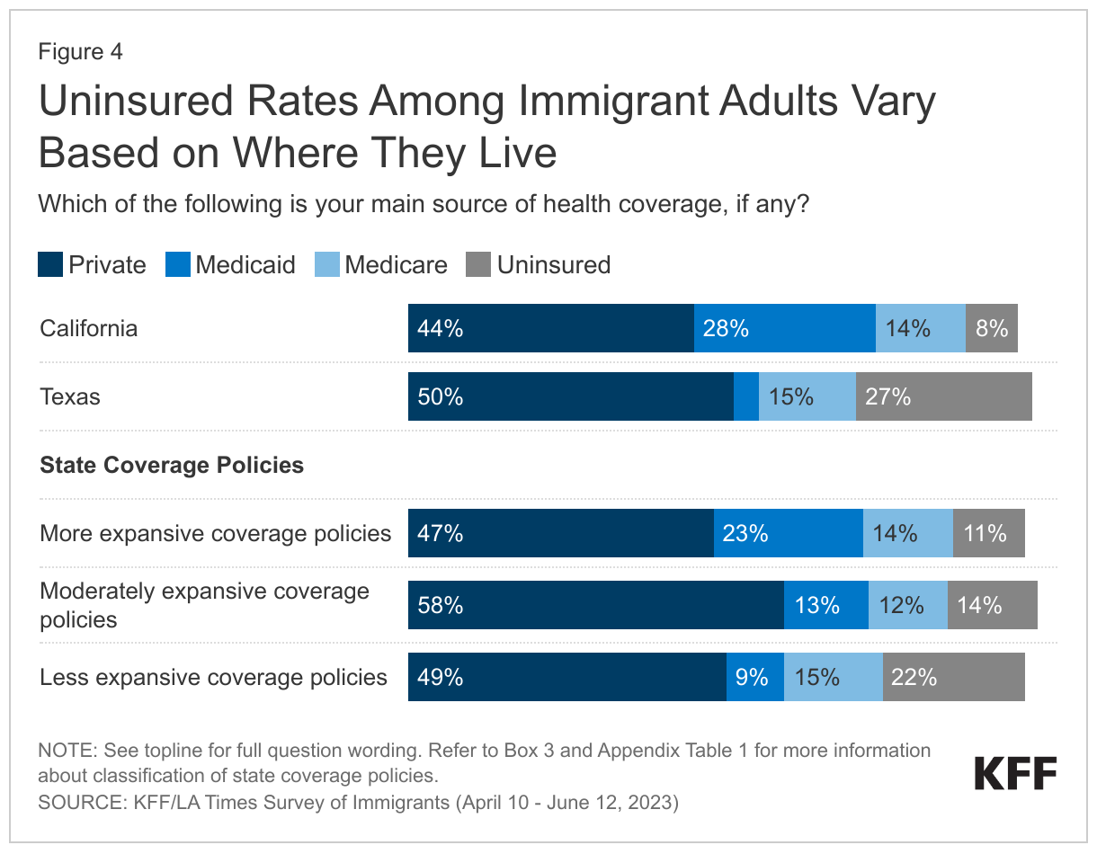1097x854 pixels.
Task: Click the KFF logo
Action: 1015,773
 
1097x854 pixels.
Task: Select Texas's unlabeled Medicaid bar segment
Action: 745,396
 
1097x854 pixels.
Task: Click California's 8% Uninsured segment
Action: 991,328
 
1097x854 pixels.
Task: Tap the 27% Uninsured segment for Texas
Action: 943,396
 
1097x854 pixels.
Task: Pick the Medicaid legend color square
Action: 178,264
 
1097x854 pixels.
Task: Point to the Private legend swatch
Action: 50,264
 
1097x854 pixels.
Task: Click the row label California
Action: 89,328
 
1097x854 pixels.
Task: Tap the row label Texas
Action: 70,396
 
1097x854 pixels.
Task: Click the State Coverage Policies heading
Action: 172,465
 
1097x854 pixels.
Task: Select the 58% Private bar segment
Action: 595,605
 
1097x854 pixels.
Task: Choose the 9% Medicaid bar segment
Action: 754,677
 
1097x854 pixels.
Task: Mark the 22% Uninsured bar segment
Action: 953,677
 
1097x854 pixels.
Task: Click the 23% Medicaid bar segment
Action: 788,533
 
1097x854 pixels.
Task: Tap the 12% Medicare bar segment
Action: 907,605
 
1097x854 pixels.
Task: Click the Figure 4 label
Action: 80,52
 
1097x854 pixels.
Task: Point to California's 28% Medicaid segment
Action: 784,328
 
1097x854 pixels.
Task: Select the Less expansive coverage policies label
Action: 213,677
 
